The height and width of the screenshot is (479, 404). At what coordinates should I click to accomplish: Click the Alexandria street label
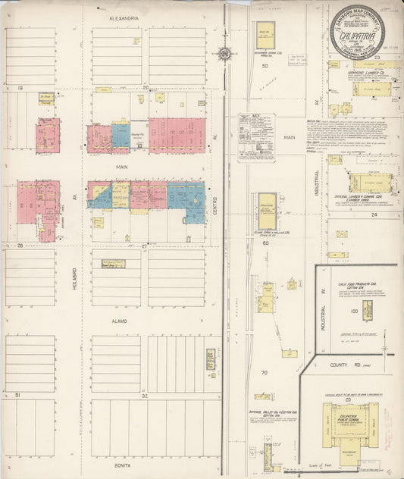(124, 17)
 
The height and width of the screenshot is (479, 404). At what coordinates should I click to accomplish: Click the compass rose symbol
(224, 53)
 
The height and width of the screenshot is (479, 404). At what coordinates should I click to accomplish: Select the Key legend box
(256, 136)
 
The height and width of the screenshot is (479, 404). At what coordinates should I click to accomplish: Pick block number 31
(16, 396)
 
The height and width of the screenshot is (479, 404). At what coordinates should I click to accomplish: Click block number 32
(144, 396)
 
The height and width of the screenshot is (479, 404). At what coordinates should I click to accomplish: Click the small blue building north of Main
(121, 136)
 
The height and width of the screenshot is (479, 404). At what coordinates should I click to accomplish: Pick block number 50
(265, 66)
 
